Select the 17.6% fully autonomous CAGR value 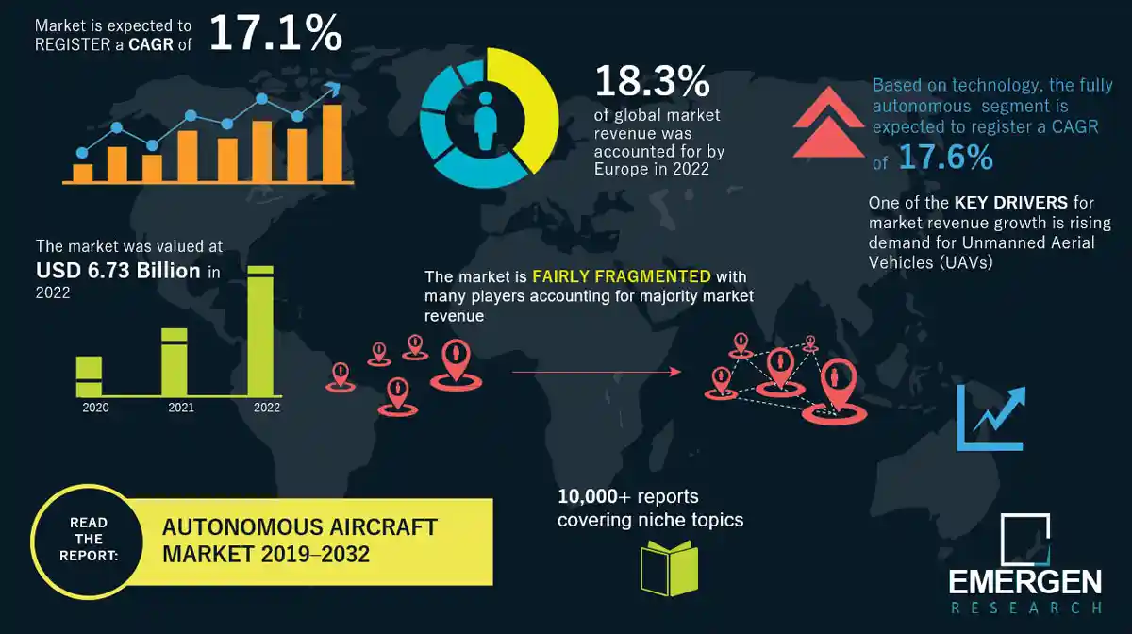click(x=944, y=158)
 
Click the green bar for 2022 click(x=261, y=330)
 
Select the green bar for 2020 click(x=89, y=375)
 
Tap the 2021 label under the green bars click(x=181, y=408)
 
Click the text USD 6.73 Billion click(x=118, y=271)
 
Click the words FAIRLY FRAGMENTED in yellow click(x=621, y=277)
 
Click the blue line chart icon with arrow click(x=990, y=416)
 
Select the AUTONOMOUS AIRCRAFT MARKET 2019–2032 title click(x=299, y=539)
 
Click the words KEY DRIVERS click(x=999, y=203)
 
